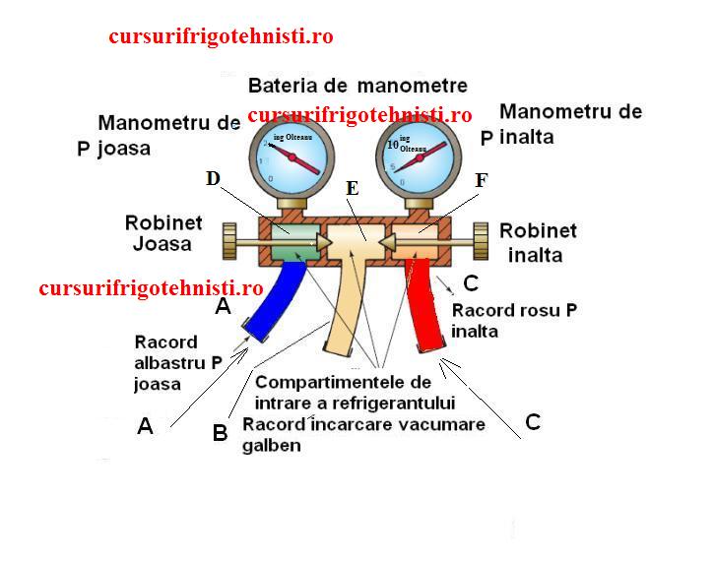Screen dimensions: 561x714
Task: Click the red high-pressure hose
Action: click(x=425, y=305)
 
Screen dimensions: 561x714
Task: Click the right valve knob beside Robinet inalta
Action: click(x=481, y=239)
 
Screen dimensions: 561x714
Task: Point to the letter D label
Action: click(x=214, y=178)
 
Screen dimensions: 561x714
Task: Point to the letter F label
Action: click(x=481, y=180)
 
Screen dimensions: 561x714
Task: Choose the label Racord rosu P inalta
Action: click(x=514, y=321)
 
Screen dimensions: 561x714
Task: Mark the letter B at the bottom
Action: click(x=221, y=433)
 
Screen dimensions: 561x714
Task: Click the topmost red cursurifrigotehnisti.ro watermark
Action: click(x=222, y=37)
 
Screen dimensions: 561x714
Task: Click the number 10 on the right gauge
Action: click(x=392, y=144)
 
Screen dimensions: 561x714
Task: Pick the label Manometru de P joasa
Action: click(x=158, y=136)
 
